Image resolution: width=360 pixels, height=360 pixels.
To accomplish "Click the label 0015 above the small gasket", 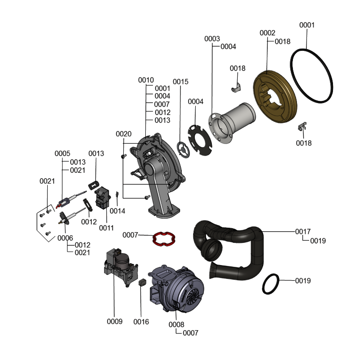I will pos(180,81).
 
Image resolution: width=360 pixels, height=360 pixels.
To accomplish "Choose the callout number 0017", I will pos(303,231).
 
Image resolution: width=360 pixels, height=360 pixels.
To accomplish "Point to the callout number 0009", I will pos(115,321).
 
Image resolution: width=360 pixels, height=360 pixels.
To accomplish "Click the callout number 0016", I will pos(141,322).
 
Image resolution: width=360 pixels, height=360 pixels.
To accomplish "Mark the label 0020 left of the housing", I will pos(123,134).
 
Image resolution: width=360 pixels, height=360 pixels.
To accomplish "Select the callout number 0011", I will pos(107,228).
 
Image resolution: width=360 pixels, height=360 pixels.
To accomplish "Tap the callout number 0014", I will pos(117,211).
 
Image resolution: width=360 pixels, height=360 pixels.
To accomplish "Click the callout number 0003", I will pos(212,39).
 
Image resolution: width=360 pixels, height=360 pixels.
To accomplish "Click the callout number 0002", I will pos(268,33).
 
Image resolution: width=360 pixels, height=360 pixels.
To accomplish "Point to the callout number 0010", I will pos(146,80).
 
